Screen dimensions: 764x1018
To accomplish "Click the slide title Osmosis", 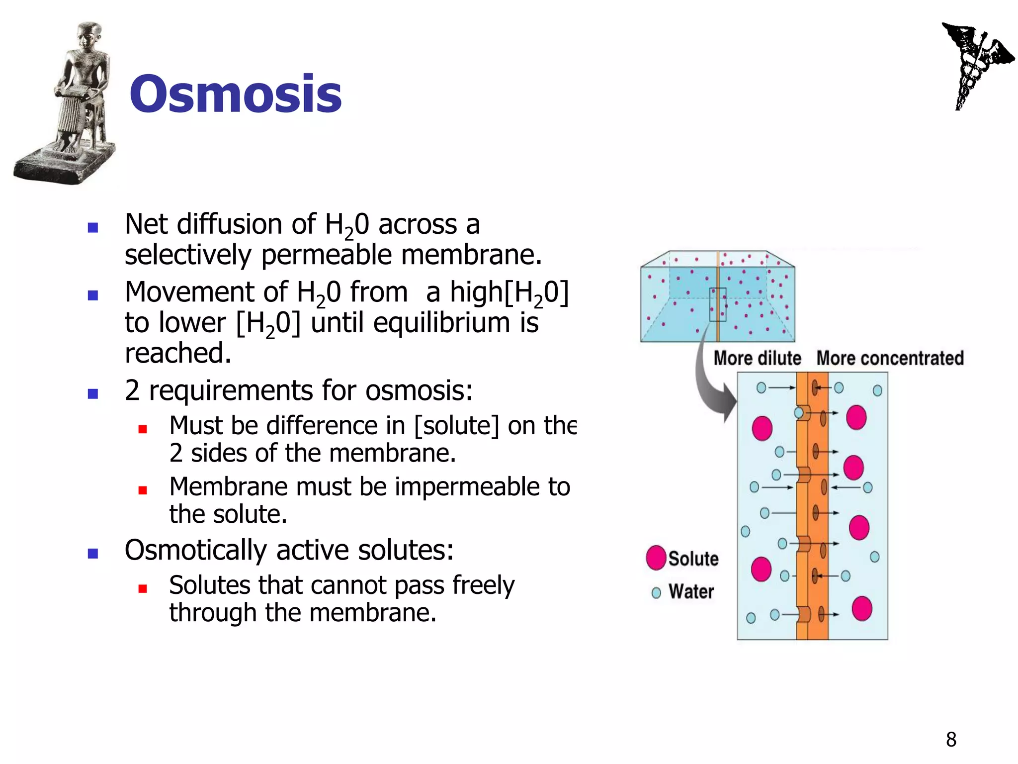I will (x=235, y=95).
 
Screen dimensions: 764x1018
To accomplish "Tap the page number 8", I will (x=951, y=740).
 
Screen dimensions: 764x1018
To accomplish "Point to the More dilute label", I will (x=757, y=358).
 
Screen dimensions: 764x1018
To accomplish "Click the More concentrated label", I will (x=890, y=358).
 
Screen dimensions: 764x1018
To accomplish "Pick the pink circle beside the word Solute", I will (x=656, y=558).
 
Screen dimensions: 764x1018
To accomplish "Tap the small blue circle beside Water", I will (x=656, y=593).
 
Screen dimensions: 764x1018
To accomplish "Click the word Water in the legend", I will (x=691, y=592).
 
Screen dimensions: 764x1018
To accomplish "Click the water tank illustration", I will (x=717, y=297).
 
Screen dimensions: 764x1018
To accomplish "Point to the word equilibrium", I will (x=441, y=323).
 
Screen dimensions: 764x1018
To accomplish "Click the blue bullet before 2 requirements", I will (x=92, y=394).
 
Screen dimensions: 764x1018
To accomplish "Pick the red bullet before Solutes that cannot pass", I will (x=143, y=589).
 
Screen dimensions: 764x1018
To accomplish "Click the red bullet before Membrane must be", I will (x=143, y=490).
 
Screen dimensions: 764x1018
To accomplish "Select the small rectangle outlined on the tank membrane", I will (x=717, y=304).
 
